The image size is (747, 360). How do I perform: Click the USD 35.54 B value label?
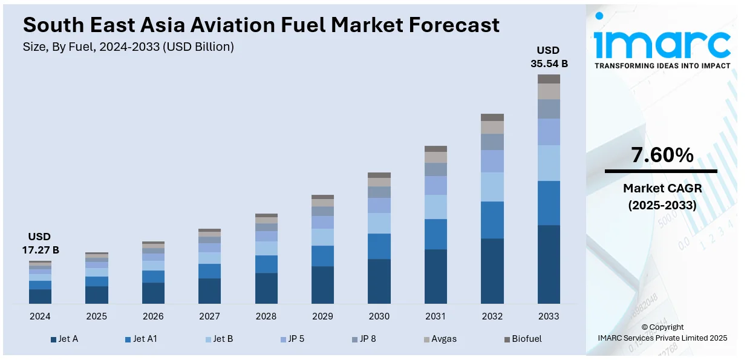coord(549,56)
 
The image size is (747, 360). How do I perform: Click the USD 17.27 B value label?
coord(40,243)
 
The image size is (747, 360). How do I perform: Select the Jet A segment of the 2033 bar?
coord(549,264)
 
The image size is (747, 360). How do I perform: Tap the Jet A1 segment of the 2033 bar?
coord(549,203)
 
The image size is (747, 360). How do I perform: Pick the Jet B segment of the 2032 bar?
coord(492,187)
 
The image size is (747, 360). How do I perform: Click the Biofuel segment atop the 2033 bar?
coord(549,79)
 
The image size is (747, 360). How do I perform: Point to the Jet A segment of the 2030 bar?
coord(379,281)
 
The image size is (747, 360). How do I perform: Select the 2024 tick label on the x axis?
coord(40,316)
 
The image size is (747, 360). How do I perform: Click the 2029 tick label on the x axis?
coord(322,316)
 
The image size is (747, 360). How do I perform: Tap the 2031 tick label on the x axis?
coord(435,316)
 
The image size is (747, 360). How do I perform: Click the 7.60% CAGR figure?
coord(662,155)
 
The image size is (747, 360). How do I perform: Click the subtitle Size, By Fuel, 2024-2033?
coord(128,47)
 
